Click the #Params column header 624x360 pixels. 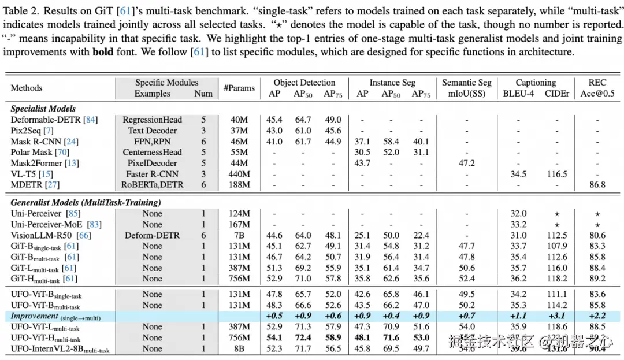click(239, 88)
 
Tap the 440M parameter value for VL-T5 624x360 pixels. click(239, 174)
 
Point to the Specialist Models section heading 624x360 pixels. click(43, 108)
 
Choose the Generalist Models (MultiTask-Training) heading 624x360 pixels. click(86, 202)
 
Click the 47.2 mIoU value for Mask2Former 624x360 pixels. click(466, 164)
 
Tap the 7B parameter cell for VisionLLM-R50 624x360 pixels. click(239, 235)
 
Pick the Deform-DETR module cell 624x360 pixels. click(152, 235)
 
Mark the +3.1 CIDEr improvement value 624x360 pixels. click(556, 316)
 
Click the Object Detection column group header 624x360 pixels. click(304, 83)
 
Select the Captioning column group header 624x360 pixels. click(536, 83)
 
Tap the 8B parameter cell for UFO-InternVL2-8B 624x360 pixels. click(239, 348)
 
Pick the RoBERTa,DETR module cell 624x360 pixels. click(152, 185)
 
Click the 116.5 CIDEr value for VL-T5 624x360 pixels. click(556, 174)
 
